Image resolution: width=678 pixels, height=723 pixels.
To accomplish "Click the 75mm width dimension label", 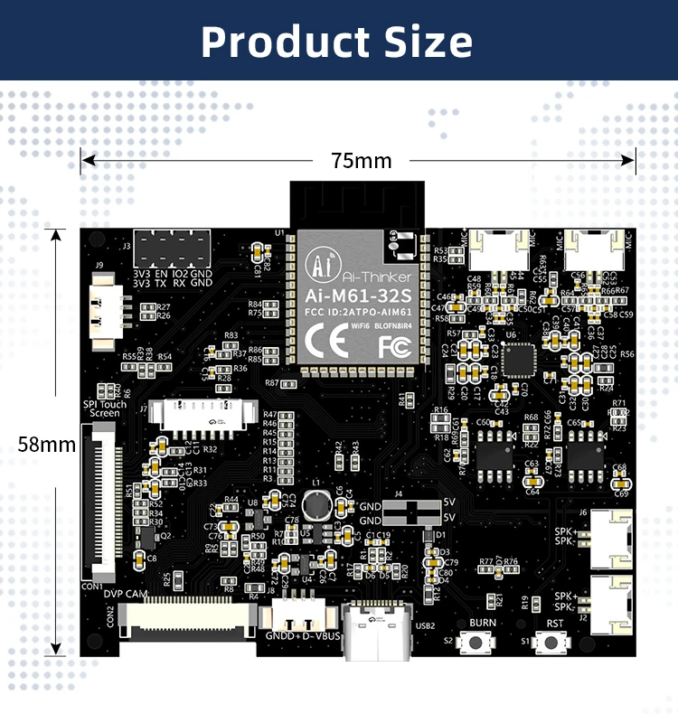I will pyautogui.click(x=361, y=161).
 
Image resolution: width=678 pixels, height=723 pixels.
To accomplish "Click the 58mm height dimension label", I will pyautogui.click(x=46, y=444).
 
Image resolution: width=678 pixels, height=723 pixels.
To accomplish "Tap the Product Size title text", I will pyautogui.click(x=337, y=42).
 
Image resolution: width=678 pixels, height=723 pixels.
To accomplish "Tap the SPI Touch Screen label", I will pyautogui.click(x=104, y=408).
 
